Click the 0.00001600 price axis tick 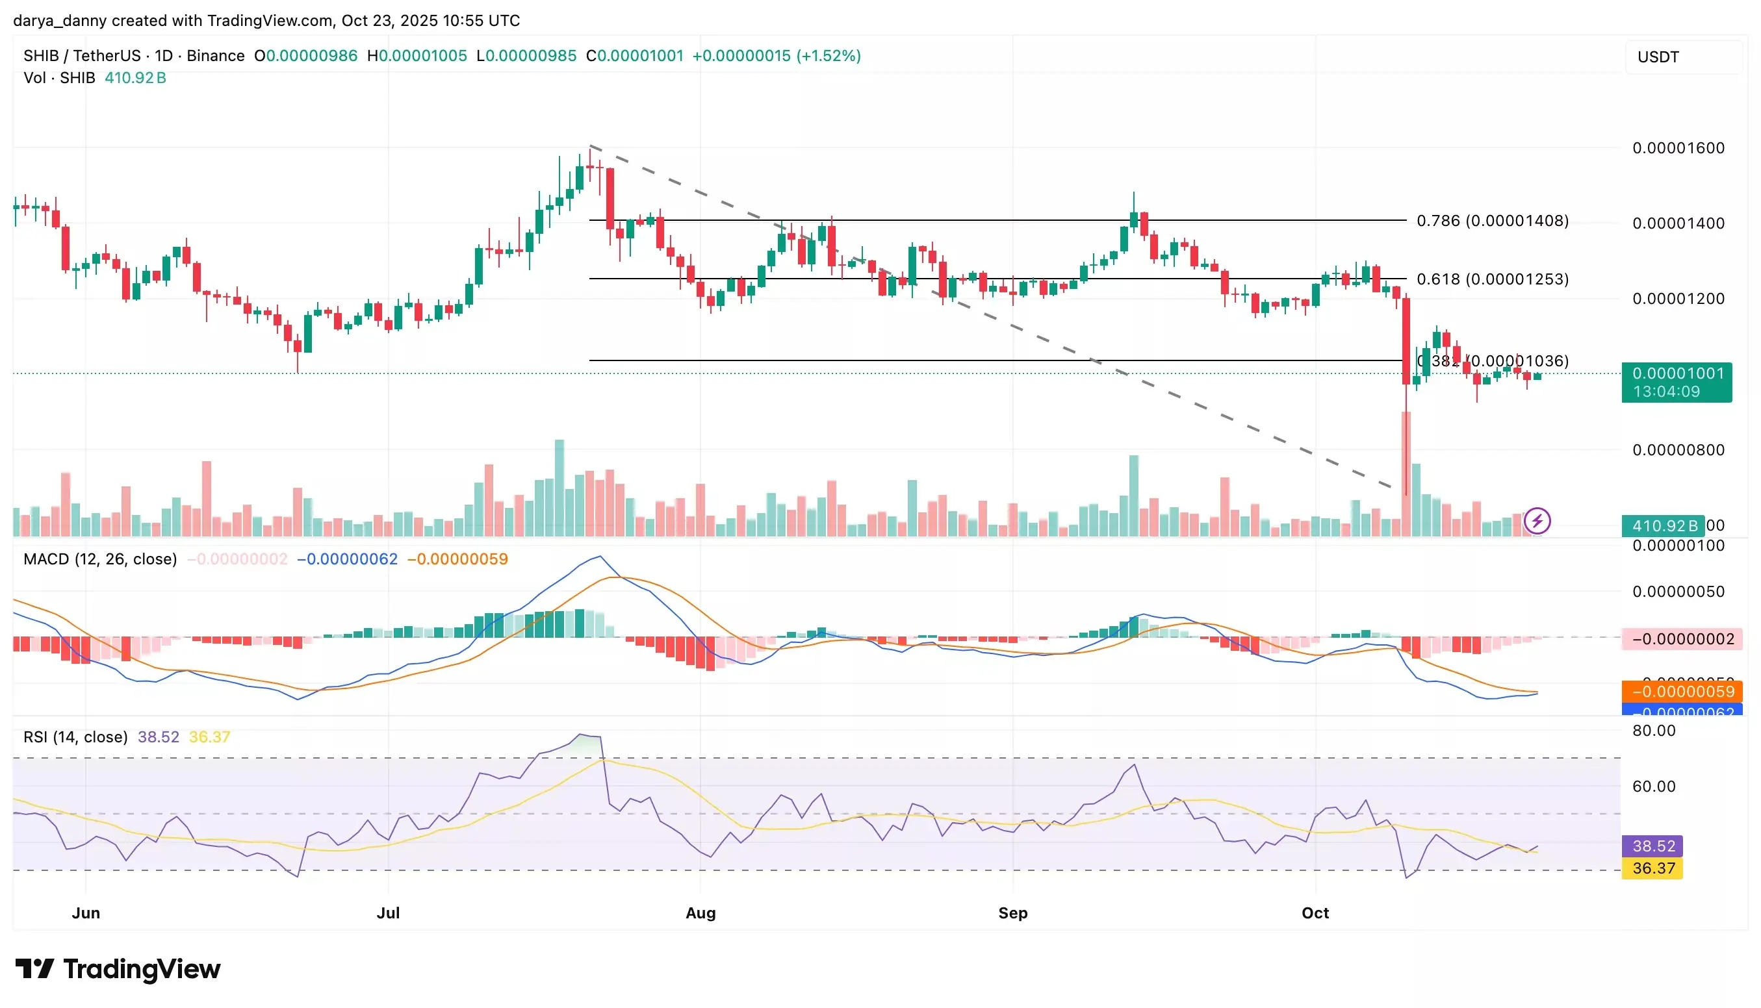(x=1677, y=148)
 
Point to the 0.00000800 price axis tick (x=1677, y=450)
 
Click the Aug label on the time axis (x=700, y=913)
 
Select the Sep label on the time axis (x=1012, y=913)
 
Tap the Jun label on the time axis (x=86, y=913)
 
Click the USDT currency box (x=1683, y=57)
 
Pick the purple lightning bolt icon (x=1537, y=521)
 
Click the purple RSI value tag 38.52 (x=1652, y=846)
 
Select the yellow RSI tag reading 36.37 (x=1652, y=868)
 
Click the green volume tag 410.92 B (x=1662, y=525)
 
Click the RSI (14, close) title (x=75, y=737)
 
